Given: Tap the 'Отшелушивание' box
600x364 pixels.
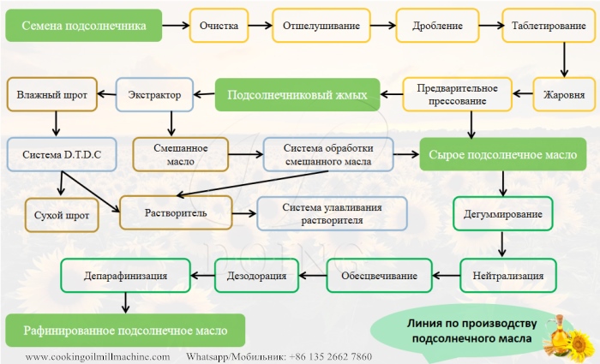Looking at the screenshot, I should pyautogui.click(x=321, y=26).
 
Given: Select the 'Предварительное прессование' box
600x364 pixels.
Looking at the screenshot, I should pyautogui.click(x=458, y=94).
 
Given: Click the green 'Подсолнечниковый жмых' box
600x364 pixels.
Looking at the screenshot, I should pyautogui.click(x=297, y=95).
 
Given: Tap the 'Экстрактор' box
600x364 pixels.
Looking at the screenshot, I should pyautogui.click(x=154, y=94).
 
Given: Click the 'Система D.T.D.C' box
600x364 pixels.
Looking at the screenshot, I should pyautogui.click(x=61, y=155).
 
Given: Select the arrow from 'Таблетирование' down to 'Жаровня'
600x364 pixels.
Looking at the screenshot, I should pyautogui.click(x=564, y=60).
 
